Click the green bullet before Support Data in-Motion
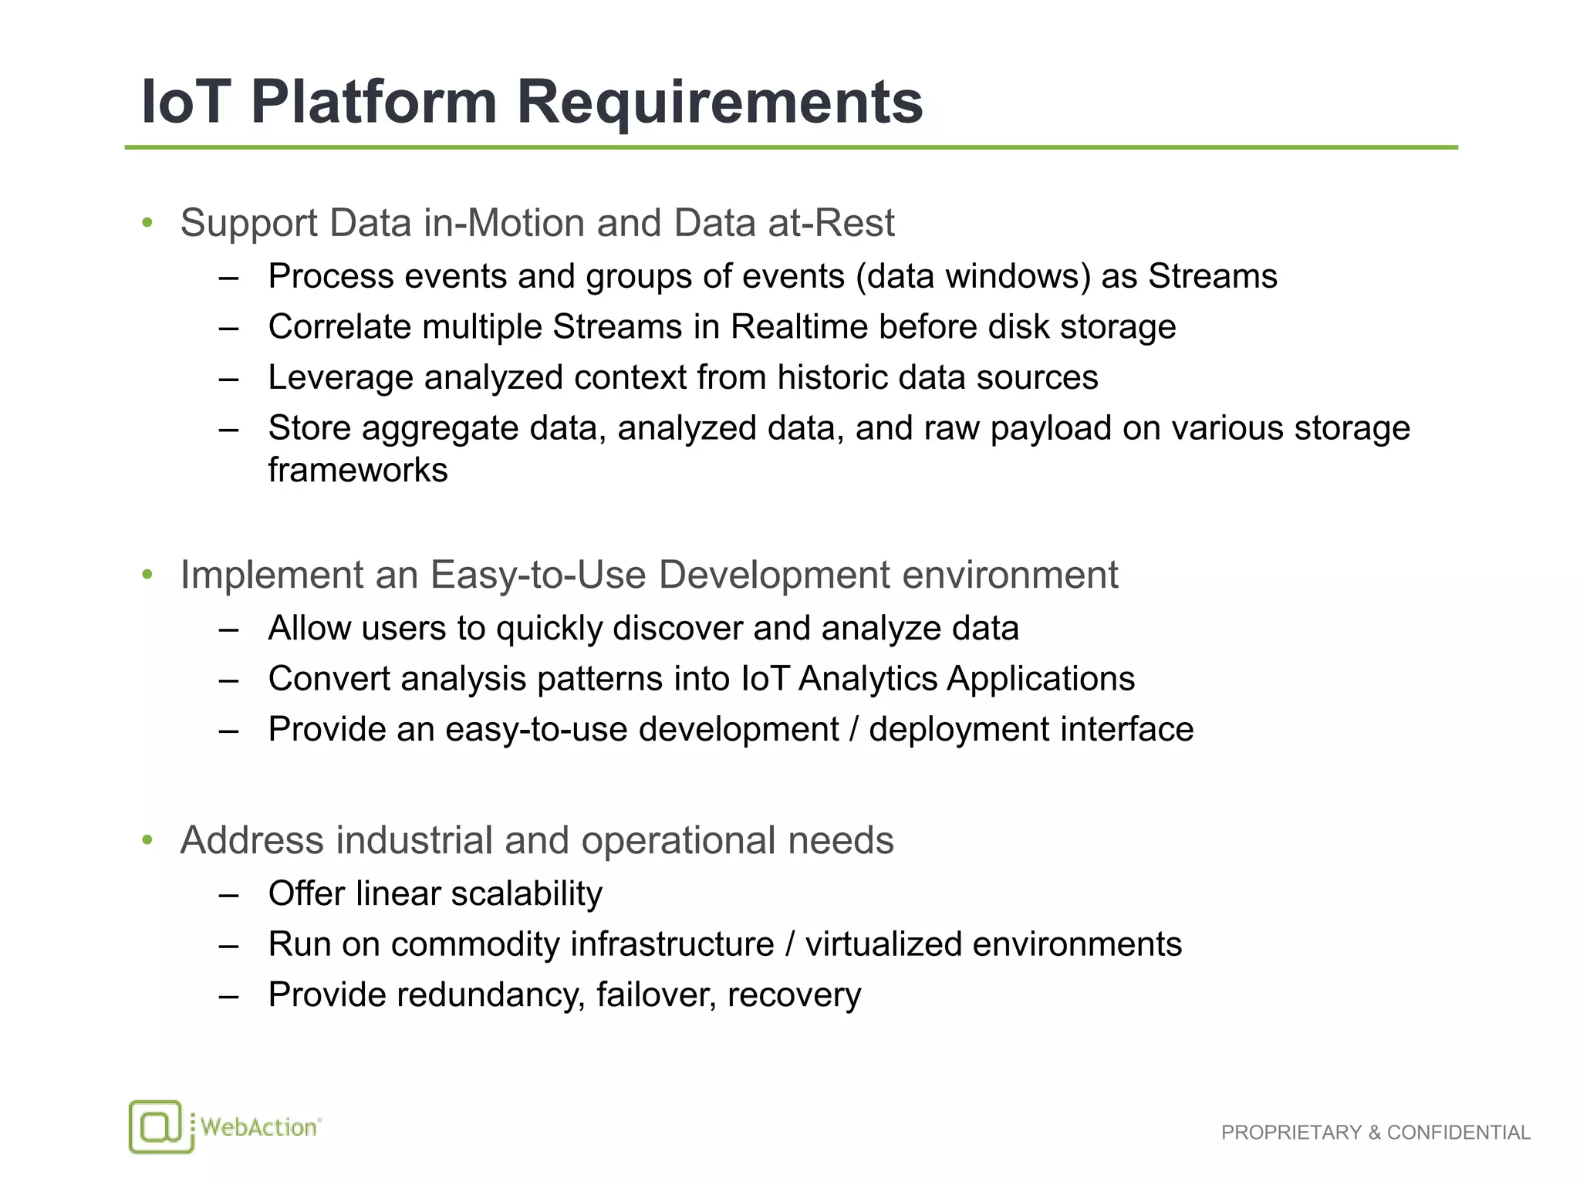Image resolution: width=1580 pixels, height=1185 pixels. [x=147, y=224]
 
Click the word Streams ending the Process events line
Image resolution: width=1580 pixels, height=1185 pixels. [x=1212, y=276]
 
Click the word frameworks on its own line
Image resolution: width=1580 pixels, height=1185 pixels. [x=357, y=471]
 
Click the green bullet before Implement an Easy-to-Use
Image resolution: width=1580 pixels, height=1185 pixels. [x=147, y=576]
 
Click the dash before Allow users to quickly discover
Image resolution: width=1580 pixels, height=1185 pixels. [x=228, y=630]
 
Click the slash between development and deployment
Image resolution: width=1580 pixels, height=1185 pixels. [x=853, y=730]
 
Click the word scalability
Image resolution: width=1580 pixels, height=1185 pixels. [x=526, y=894]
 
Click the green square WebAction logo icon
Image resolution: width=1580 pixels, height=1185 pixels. [x=157, y=1127]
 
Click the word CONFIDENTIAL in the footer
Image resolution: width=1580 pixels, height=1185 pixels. [x=1458, y=1133]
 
